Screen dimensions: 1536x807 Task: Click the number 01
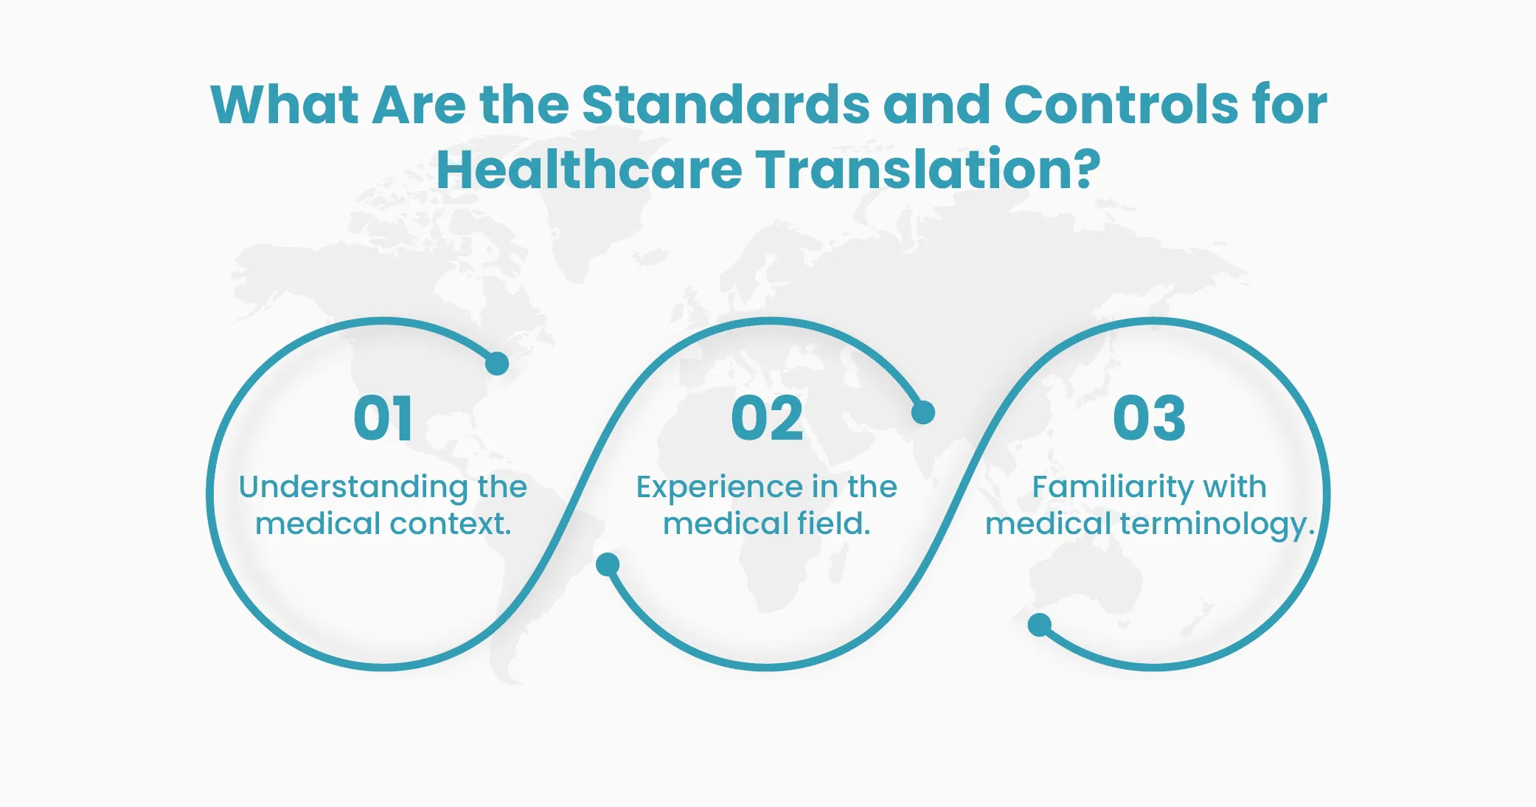pyautogui.click(x=383, y=418)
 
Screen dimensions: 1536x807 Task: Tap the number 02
pyautogui.click(x=767, y=418)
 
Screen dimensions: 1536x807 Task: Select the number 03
pyautogui.click(x=1150, y=418)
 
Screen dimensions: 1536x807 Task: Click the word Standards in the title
pyautogui.click(x=726, y=105)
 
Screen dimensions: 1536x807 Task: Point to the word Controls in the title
pyautogui.click(x=1121, y=105)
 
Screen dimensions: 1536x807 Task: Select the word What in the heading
pyautogui.click(x=285, y=105)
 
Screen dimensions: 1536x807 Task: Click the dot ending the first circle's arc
pyautogui.click(x=498, y=363)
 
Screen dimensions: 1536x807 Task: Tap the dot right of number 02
pyautogui.click(x=923, y=412)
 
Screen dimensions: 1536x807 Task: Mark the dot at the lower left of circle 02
pyautogui.click(x=608, y=565)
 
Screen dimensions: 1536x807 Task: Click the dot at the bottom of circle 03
pyautogui.click(x=1040, y=625)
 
